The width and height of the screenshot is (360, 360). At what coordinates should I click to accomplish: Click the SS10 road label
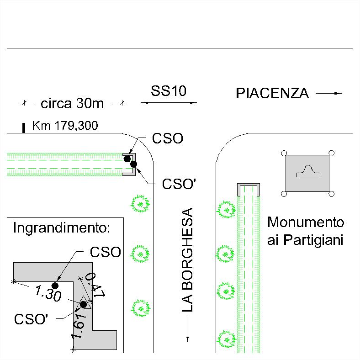(x=169, y=91)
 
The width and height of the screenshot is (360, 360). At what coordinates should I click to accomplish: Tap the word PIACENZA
(x=272, y=93)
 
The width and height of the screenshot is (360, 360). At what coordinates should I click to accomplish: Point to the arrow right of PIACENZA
(x=329, y=94)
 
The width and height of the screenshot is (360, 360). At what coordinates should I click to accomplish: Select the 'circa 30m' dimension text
(x=72, y=103)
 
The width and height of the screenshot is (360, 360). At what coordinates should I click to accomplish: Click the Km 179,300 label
(x=65, y=126)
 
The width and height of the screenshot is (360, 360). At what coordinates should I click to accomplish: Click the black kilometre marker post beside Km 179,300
(x=23, y=128)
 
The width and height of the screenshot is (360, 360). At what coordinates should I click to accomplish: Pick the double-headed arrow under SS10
(x=169, y=103)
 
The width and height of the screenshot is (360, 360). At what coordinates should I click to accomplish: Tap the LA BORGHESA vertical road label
(x=187, y=260)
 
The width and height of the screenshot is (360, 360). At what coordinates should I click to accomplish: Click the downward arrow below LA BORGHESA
(x=188, y=330)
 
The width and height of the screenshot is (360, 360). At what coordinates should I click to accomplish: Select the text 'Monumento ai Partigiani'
(x=306, y=232)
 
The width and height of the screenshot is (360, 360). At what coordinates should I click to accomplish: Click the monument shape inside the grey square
(x=308, y=171)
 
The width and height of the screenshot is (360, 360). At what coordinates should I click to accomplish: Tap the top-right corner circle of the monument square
(x=331, y=153)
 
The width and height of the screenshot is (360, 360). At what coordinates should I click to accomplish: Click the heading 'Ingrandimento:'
(x=62, y=228)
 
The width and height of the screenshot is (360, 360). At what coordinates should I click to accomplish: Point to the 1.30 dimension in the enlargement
(x=48, y=293)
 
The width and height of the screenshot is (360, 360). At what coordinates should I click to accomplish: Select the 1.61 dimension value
(x=79, y=326)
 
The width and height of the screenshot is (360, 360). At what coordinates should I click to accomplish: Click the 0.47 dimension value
(x=95, y=285)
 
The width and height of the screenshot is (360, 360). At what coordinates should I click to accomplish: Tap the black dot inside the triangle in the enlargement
(x=83, y=305)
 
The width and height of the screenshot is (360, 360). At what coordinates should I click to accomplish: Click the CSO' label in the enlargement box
(x=31, y=319)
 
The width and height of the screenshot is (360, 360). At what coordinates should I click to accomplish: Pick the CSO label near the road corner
(x=167, y=138)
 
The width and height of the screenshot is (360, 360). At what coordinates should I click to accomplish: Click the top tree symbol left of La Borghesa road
(x=140, y=204)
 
